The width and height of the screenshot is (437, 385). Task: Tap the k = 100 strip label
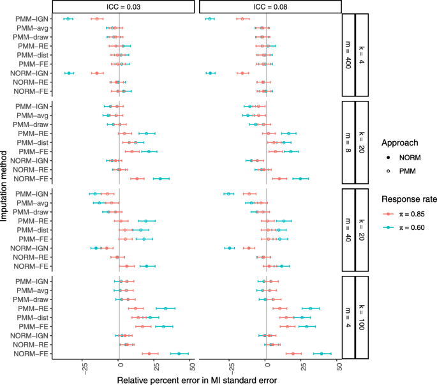tap(362, 317)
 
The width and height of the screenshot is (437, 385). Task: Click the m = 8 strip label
tap(348, 142)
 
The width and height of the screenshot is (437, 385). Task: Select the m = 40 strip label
tap(348, 229)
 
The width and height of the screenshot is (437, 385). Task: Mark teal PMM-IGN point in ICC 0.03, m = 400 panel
tap(68, 19)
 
